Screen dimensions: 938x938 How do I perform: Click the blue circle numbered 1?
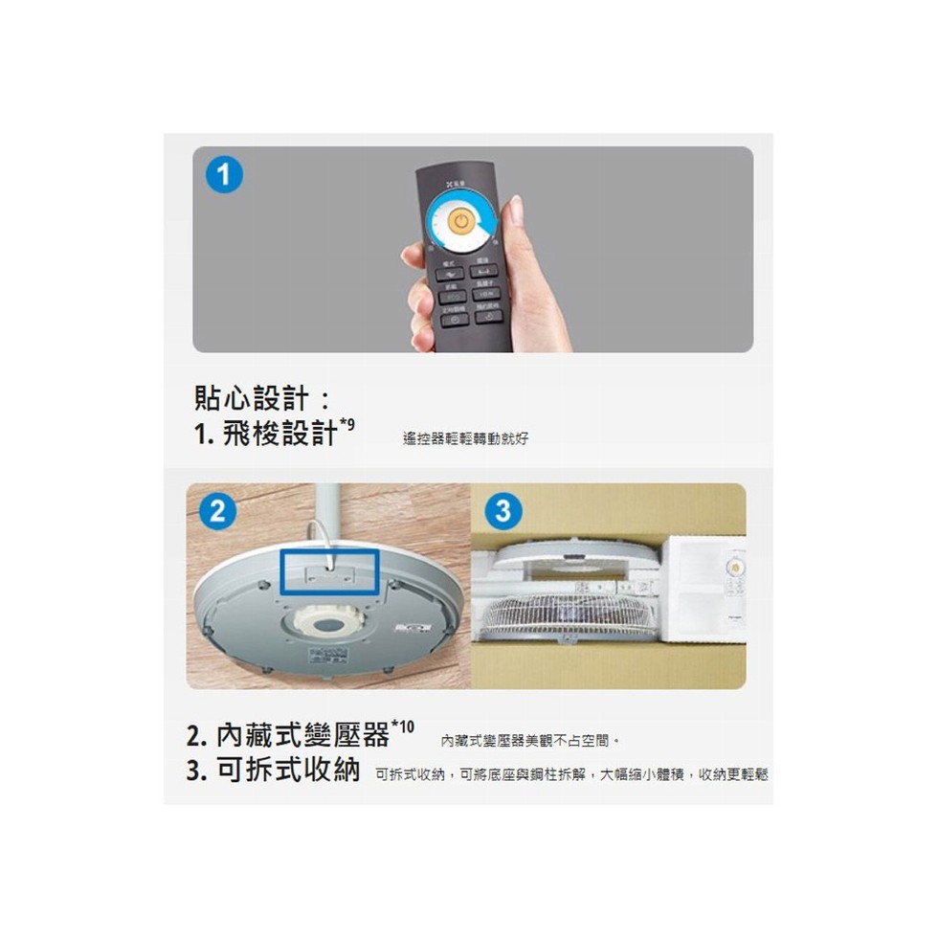(x=223, y=176)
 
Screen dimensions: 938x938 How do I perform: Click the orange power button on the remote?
(x=461, y=222)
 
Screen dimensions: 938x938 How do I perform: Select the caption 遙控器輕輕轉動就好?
(x=465, y=438)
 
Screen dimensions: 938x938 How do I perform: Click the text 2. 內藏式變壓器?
(x=288, y=736)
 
